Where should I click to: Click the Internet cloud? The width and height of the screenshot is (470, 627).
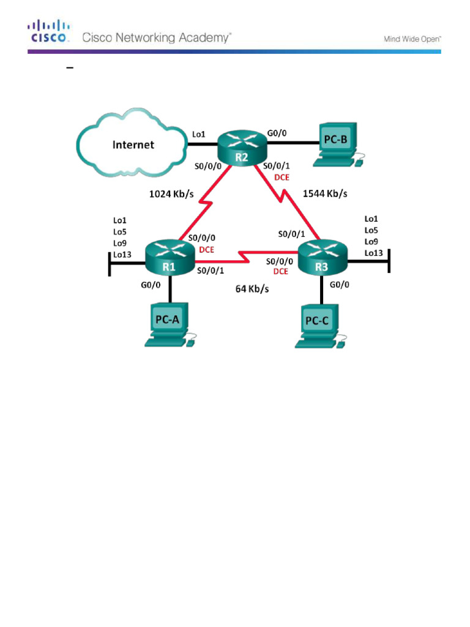coord(132,143)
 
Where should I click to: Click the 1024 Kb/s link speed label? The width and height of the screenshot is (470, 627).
coord(171,195)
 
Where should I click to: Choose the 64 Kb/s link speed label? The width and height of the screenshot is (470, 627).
coord(252,288)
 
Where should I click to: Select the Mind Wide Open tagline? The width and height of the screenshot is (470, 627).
coord(412,39)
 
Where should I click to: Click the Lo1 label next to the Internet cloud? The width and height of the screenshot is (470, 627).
coord(199,133)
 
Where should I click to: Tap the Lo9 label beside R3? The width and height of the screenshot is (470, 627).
coord(371,241)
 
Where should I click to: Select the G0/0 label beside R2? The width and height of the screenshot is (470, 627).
coord(277,132)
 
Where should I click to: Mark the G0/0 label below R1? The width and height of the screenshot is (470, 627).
coord(150,284)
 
